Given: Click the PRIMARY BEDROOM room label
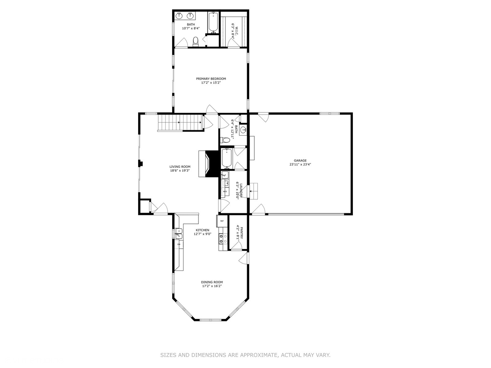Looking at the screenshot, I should click(x=211, y=79).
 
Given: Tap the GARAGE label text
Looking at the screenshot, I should click(x=300, y=160).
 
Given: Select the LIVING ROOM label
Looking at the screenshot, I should click(x=180, y=167).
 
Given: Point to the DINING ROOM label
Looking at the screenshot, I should click(x=212, y=282).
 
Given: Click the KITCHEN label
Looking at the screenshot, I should click(x=202, y=230).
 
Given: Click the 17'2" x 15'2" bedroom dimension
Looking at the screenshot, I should click(x=211, y=83).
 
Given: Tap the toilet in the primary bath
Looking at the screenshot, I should click(x=195, y=41).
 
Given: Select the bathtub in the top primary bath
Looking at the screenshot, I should click(x=213, y=22).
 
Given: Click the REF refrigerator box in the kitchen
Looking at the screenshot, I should click(x=222, y=221).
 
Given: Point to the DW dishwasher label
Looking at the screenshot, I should click(x=178, y=245).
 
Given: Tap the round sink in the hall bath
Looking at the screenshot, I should click(x=243, y=130).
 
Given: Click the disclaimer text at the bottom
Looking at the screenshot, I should click(x=245, y=355).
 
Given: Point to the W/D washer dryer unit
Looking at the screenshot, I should click(x=225, y=191).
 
